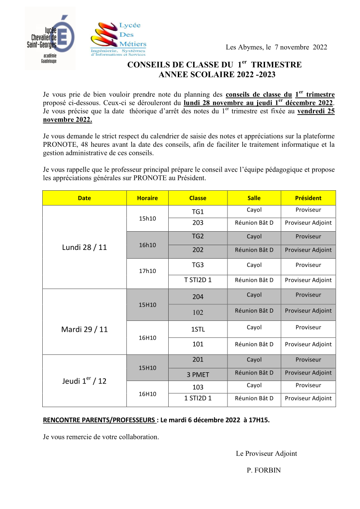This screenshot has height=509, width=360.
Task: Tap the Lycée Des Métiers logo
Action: click(118, 40)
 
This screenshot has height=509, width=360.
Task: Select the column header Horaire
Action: click(147, 198)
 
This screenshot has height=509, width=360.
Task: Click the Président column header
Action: click(308, 198)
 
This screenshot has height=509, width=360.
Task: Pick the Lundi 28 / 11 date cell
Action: click(85, 247)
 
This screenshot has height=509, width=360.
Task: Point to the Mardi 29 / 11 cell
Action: click(85, 330)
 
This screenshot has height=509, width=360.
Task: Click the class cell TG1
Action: click(198, 212)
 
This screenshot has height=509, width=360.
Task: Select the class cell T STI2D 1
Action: click(198, 280)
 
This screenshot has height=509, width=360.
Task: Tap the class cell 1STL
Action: click(198, 329)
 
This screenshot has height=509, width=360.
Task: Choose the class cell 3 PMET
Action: click(198, 374)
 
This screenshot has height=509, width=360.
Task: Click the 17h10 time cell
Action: click(147, 271)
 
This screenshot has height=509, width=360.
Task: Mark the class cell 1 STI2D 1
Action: click(198, 398)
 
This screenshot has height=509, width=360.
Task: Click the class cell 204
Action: click(198, 297)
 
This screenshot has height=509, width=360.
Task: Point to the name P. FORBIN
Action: click(264, 470)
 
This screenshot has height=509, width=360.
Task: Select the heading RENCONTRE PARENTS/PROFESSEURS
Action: click(100, 421)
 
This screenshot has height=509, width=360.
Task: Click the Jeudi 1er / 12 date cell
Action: click(85, 381)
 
